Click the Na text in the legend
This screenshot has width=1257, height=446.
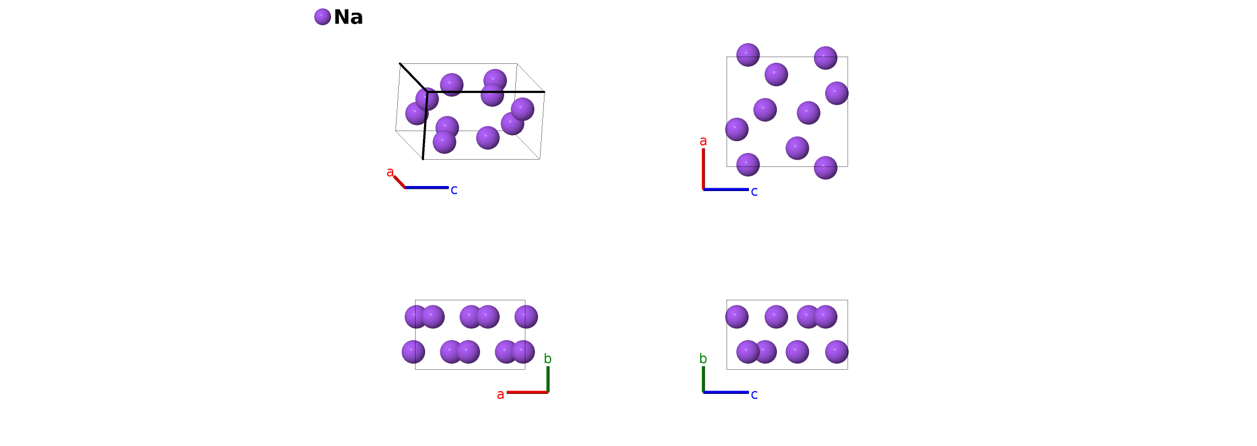(x=348, y=17)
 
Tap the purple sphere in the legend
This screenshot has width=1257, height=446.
(x=323, y=17)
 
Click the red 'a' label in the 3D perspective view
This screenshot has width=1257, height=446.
(x=390, y=173)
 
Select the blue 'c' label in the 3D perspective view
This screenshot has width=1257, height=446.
(x=454, y=191)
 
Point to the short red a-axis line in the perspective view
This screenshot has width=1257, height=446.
(x=399, y=182)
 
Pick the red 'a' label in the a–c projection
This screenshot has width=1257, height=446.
(x=703, y=141)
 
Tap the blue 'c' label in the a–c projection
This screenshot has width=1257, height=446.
(x=754, y=192)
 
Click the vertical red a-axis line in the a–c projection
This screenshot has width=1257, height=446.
(x=704, y=168)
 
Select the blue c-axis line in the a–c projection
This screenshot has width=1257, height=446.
(x=726, y=189)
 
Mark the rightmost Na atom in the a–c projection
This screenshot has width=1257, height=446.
(x=836, y=93)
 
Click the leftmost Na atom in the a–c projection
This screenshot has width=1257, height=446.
(x=737, y=129)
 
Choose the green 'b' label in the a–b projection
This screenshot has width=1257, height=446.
(x=547, y=359)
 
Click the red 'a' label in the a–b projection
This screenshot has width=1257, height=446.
(x=500, y=395)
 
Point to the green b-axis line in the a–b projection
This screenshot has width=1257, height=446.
(x=548, y=379)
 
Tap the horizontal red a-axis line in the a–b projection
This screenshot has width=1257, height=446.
(x=527, y=392)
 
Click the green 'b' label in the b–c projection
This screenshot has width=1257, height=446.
(x=703, y=359)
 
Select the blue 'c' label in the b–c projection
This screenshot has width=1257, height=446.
(x=754, y=395)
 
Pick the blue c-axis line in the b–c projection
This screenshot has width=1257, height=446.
(x=726, y=392)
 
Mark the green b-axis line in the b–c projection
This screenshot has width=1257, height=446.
(x=704, y=379)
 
